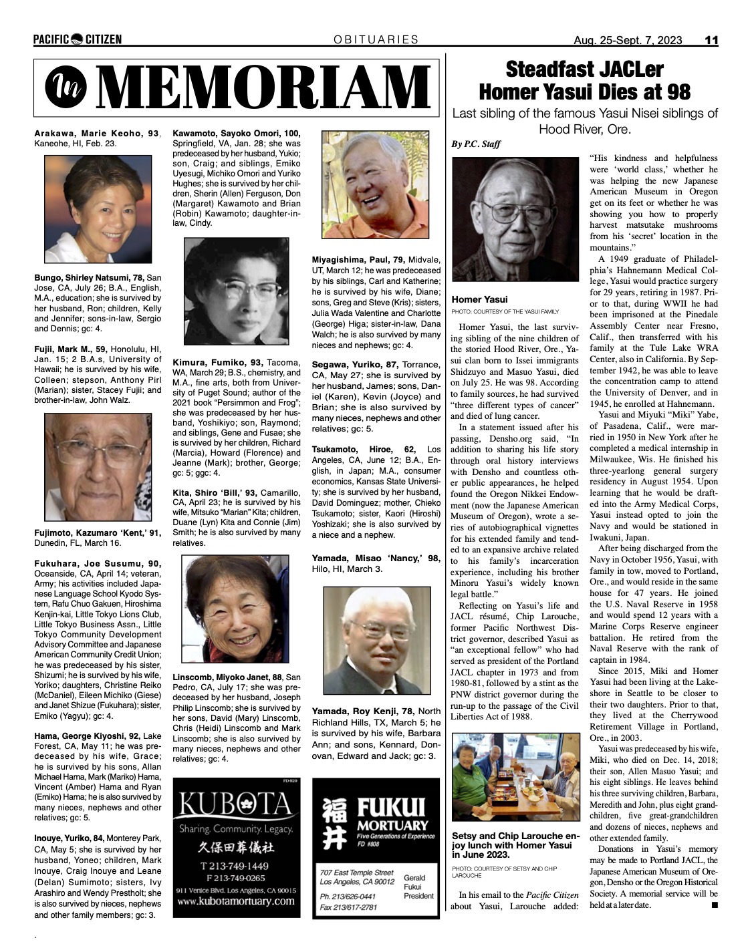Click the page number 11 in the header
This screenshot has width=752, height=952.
[711, 40]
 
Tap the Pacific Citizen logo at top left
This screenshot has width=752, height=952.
[78, 39]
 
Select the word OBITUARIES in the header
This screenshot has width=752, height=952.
[376, 39]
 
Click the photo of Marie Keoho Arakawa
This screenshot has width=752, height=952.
[98, 208]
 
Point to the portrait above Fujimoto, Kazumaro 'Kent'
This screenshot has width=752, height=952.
[98, 467]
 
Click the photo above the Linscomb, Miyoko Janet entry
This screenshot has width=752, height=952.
[237, 609]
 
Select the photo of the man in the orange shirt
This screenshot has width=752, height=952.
[375, 185]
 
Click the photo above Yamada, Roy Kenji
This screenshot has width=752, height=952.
[377, 640]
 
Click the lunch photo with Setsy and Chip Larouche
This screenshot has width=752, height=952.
[515, 776]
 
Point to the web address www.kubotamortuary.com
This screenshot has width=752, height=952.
[236, 901]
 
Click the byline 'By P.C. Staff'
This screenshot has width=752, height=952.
[475, 144]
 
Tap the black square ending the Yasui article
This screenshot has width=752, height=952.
[714, 905]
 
